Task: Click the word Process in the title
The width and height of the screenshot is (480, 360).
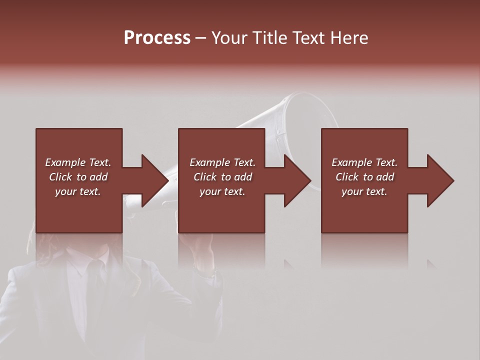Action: click(x=157, y=38)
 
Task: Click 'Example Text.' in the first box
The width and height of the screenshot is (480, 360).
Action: click(x=78, y=162)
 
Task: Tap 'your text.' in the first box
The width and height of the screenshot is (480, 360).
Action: click(x=78, y=191)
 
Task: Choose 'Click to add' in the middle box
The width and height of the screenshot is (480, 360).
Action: click(x=222, y=177)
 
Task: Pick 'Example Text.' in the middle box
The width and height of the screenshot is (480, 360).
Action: click(x=222, y=162)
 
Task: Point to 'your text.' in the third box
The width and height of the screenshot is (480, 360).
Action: click(x=364, y=191)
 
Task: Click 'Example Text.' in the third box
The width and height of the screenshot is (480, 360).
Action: click(x=364, y=162)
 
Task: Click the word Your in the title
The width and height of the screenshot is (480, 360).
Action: click(x=229, y=38)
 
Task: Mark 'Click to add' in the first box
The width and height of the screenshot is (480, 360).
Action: click(x=78, y=177)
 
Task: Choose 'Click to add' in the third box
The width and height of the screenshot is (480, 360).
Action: click(x=364, y=177)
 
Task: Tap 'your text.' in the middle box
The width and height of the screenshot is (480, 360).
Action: click(x=222, y=191)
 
